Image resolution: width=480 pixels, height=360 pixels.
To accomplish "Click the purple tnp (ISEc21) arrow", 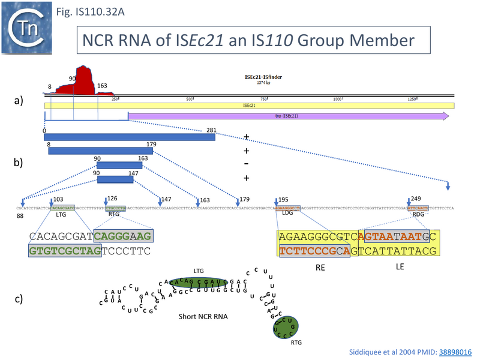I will click(288, 116).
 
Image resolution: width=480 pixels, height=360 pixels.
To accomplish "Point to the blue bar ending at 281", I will click(130, 137).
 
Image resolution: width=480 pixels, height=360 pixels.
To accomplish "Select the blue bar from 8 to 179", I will click(100, 151).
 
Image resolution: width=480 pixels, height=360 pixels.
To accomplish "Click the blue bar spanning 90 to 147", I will click(115, 179).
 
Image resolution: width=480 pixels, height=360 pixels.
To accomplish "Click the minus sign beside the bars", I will click(246, 164).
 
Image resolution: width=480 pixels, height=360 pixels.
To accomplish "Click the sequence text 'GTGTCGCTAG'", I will click(61, 251).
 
